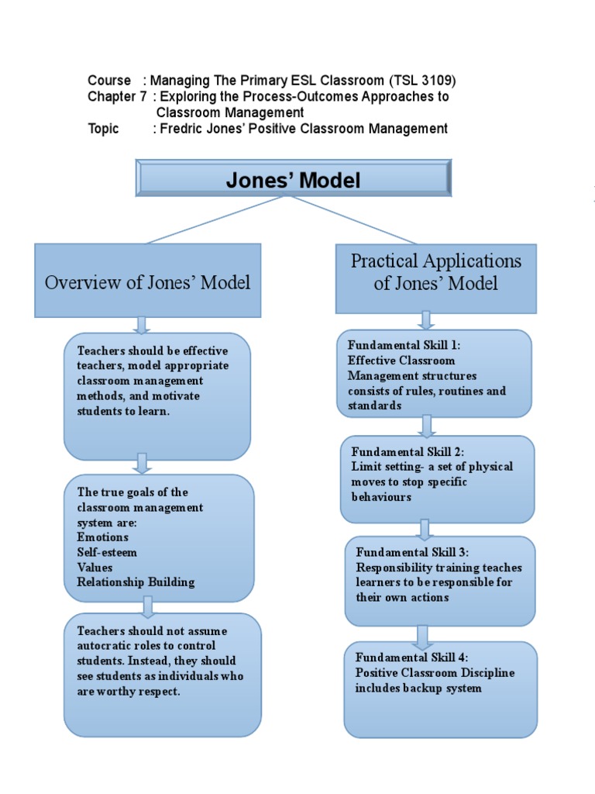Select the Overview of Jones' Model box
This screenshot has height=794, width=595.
click(x=147, y=281)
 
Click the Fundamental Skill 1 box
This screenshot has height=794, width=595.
click(x=434, y=374)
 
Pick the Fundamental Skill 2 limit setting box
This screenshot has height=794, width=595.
click(x=437, y=478)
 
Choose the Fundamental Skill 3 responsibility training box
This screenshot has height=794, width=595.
click(x=439, y=580)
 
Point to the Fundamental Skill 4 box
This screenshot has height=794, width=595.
click(x=440, y=689)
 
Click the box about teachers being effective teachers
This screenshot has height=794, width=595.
click(x=157, y=395)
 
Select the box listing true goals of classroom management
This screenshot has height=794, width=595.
click(x=159, y=537)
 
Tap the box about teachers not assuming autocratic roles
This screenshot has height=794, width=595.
click(x=162, y=674)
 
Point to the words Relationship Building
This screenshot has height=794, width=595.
click(x=136, y=582)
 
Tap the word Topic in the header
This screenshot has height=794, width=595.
click(x=104, y=129)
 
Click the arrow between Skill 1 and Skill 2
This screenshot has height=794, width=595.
click(x=426, y=426)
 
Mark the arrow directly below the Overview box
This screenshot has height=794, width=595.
click(x=141, y=325)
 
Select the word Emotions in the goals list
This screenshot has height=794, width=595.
click(x=103, y=537)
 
